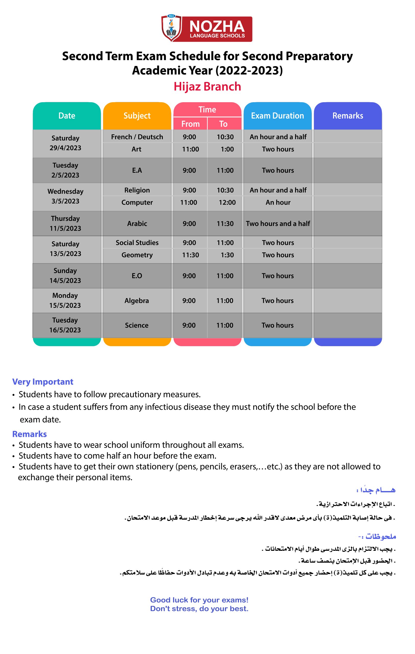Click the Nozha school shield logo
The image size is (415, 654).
tap(172, 28)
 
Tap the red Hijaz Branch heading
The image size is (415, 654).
tap(207, 87)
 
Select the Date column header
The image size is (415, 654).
tap(67, 116)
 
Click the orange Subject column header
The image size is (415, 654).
tap(137, 116)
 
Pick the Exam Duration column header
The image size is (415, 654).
tap(277, 116)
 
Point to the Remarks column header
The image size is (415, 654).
tap(348, 116)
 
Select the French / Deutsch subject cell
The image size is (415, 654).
tap(137, 137)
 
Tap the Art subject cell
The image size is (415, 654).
tap(137, 149)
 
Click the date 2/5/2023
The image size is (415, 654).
tap(65, 175)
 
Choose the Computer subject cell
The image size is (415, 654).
tap(137, 202)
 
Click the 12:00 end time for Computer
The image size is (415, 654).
tap(227, 202)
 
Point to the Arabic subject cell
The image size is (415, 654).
tap(137, 224)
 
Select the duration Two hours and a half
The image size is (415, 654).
tap(278, 224)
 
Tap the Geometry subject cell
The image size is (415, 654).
tap(137, 255)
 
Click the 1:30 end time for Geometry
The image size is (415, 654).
tap(227, 255)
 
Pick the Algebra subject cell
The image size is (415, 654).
tap(137, 301)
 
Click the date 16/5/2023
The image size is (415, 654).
tap(65, 330)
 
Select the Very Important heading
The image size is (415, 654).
tap(43, 382)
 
